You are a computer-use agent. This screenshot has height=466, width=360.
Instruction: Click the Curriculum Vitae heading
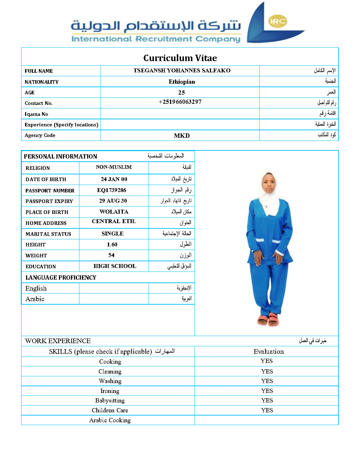[180, 58]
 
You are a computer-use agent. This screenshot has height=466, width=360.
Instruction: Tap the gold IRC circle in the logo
[278, 21]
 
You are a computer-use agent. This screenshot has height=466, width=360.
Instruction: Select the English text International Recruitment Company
[156, 39]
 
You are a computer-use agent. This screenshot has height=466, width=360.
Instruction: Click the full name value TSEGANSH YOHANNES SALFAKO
[182, 71]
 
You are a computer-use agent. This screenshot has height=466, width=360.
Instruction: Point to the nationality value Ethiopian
[182, 82]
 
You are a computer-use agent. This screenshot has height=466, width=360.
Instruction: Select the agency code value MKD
[182, 136]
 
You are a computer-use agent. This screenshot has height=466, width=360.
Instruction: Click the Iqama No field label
[36, 114]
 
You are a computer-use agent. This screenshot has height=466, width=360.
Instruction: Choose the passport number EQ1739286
[112, 190]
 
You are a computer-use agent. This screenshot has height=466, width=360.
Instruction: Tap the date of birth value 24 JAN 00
[114, 179]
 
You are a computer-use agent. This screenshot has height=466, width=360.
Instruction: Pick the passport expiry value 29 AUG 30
[113, 201]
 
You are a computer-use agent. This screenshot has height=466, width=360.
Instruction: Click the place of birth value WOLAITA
[114, 212]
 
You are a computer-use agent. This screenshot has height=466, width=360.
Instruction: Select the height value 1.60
[112, 245]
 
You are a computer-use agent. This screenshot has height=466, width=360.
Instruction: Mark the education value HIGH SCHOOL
[115, 266]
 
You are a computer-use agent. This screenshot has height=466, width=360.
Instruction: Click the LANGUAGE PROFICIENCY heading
[61, 277]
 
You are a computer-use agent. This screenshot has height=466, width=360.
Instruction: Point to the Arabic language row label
[35, 299]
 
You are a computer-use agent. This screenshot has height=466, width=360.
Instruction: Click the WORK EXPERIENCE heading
[58, 341]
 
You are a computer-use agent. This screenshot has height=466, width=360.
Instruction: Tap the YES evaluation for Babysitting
[267, 400]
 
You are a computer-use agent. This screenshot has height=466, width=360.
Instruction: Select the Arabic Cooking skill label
[110, 420]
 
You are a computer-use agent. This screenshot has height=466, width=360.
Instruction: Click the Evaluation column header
[269, 352]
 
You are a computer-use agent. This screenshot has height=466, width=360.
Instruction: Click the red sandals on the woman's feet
[268, 319]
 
